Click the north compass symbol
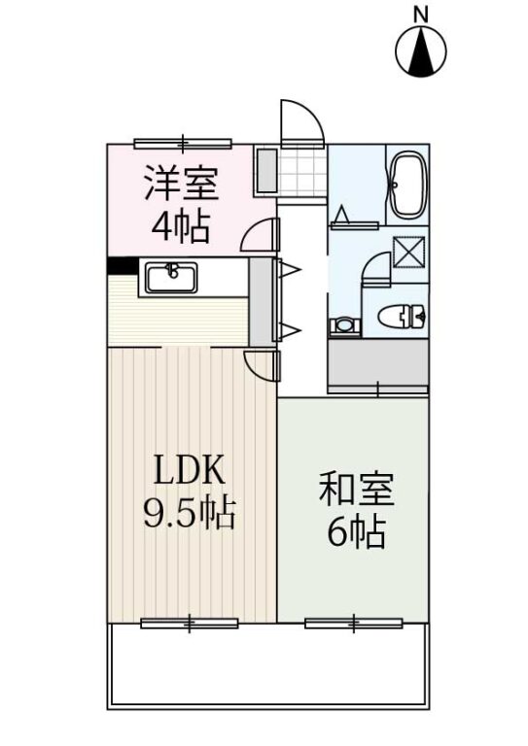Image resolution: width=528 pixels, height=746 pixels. (x=421, y=51)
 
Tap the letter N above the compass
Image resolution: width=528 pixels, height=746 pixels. (x=420, y=15)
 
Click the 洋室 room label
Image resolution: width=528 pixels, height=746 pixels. (x=182, y=184)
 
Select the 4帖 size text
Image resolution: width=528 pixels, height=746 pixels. (x=181, y=227)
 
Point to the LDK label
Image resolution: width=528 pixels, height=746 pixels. (x=188, y=471)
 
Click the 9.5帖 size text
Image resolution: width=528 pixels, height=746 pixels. (x=189, y=514)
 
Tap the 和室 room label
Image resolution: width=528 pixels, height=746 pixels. (x=357, y=489)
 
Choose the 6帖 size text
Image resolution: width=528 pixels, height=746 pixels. (x=356, y=532)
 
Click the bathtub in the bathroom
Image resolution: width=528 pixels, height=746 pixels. (x=407, y=186)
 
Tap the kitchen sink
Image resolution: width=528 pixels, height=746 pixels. (x=171, y=278)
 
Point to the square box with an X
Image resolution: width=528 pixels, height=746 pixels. (x=408, y=251)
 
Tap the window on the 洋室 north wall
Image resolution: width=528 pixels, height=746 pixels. (x=183, y=143)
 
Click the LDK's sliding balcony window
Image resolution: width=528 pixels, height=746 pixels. (x=190, y=623)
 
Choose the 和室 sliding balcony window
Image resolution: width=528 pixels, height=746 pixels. (x=354, y=623)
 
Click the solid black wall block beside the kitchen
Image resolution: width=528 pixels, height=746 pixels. (x=123, y=265)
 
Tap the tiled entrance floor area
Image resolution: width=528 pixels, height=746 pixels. (x=301, y=170)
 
